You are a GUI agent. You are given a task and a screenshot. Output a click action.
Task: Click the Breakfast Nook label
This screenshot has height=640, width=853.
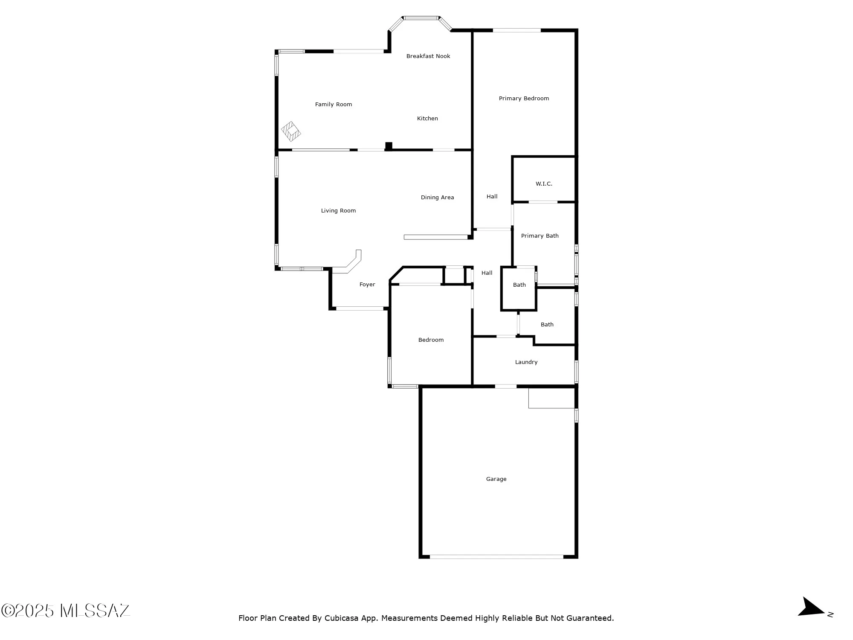pyautogui.click(x=428, y=56)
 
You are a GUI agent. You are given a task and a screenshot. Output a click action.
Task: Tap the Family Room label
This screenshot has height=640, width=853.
pyautogui.click(x=334, y=105)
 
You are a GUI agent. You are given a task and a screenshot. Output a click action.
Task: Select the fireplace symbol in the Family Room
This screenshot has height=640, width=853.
pyautogui.click(x=291, y=131)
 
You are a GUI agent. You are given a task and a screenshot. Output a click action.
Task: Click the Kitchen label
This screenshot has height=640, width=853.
pyautogui.click(x=427, y=119)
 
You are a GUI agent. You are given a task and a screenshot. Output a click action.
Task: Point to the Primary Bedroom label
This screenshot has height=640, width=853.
pyautogui.click(x=524, y=99)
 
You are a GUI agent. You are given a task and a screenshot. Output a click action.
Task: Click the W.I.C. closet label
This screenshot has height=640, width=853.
pyautogui.click(x=544, y=184)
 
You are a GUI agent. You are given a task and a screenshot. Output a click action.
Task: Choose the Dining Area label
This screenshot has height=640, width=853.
pyautogui.click(x=437, y=198)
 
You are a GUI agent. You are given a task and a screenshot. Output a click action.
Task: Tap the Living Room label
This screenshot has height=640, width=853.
pyautogui.click(x=338, y=211)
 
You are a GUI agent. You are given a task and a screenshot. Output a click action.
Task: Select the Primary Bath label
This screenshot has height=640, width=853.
pyautogui.click(x=540, y=236)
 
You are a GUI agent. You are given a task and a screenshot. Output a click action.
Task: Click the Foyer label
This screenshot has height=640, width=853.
pyautogui.click(x=367, y=285)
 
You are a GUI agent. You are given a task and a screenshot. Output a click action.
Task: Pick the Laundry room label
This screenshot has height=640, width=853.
pyautogui.click(x=526, y=362)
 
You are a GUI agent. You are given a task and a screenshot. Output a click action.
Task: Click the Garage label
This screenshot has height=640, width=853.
pyautogui.click(x=496, y=479)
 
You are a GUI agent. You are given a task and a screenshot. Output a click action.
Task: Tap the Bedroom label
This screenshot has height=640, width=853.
pyautogui.click(x=431, y=340)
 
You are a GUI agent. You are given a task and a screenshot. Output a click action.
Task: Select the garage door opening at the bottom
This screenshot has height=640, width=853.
pyautogui.click(x=496, y=557)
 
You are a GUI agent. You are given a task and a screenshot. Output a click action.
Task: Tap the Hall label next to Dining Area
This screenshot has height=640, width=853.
pyautogui.click(x=492, y=197)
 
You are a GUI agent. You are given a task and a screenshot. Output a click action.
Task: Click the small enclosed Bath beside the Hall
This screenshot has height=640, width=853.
pyautogui.click(x=519, y=285)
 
